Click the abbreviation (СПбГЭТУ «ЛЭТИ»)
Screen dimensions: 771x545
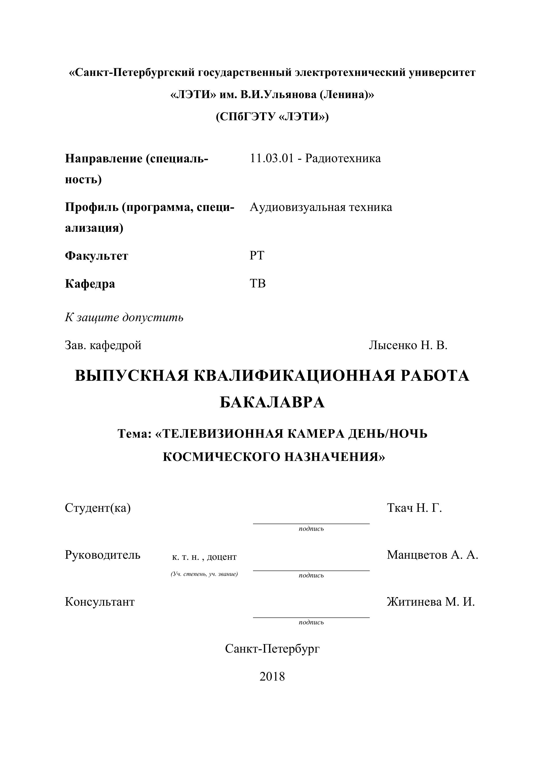point(272,117)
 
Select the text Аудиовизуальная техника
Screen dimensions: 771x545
point(320,207)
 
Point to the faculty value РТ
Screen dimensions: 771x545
point(257,256)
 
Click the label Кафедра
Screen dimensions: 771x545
point(90,284)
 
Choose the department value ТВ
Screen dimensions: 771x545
point(257,284)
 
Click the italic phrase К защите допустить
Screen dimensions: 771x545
point(124,317)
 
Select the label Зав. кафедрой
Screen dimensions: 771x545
point(103,345)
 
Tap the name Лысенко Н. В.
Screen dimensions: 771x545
point(408,345)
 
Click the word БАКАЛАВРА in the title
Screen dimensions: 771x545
point(272,402)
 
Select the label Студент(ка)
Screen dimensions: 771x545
point(98,508)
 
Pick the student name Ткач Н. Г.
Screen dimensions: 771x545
point(414,508)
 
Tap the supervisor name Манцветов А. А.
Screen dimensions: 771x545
point(432,555)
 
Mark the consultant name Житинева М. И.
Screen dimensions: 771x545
point(431,602)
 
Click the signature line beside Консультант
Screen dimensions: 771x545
point(311,617)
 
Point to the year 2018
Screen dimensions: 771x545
point(272,676)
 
